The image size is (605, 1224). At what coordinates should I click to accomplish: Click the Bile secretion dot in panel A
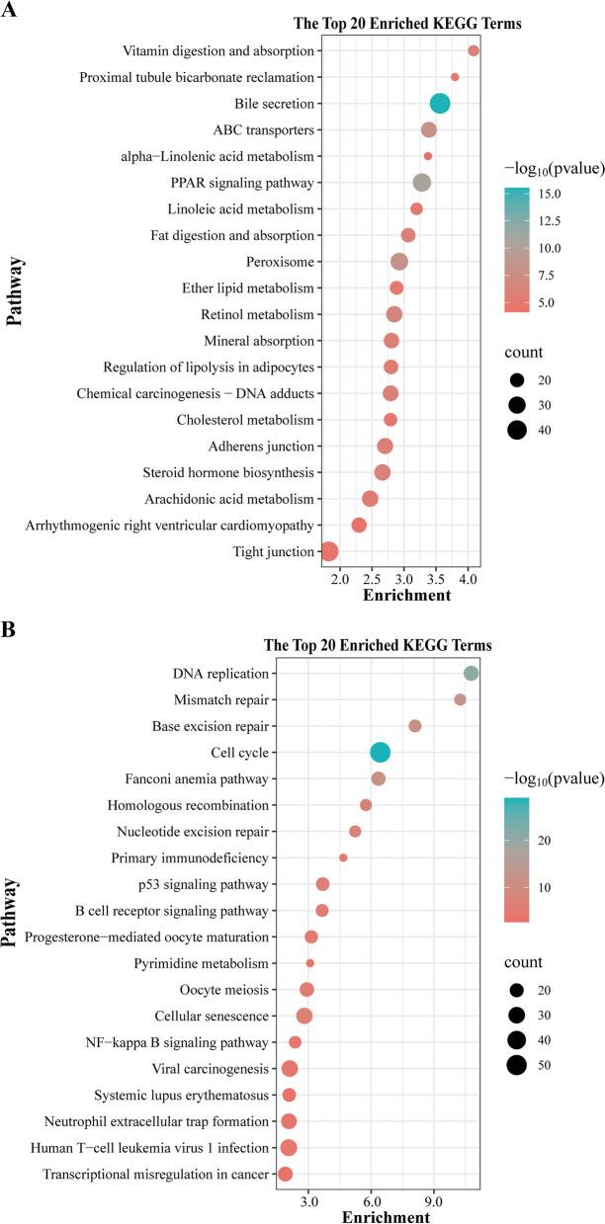[x=441, y=104]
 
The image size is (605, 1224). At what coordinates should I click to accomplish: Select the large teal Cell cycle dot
[x=381, y=753]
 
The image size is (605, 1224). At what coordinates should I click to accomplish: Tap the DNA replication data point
[x=472, y=674]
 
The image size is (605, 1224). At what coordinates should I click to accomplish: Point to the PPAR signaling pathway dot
[x=422, y=183]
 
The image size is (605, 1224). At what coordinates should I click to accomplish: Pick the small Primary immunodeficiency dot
[x=343, y=857]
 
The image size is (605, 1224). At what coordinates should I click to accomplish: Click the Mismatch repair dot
[x=460, y=699]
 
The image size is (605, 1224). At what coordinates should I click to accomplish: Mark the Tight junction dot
[x=329, y=551]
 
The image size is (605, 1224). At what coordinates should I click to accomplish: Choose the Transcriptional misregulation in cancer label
[x=155, y=1174]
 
